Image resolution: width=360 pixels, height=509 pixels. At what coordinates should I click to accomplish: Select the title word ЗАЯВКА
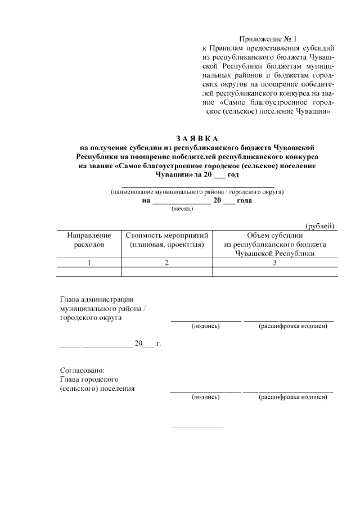tap(196, 139)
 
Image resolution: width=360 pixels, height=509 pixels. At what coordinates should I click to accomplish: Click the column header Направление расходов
tap(89, 240)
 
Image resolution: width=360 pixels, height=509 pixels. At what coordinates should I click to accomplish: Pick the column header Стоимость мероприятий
tap(167, 240)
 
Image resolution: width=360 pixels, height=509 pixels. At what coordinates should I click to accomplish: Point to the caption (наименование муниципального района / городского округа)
tap(197, 192)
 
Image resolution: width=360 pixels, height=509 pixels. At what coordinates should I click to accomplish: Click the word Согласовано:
tap(82, 370)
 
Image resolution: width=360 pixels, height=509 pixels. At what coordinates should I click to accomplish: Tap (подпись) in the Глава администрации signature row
tap(205, 326)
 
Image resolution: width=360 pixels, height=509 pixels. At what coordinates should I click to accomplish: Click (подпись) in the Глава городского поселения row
tap(205, 397)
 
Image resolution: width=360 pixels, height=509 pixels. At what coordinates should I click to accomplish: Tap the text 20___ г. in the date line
tap(147, 343)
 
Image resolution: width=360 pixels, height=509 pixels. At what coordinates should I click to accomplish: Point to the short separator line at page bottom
tap(196, 426)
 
